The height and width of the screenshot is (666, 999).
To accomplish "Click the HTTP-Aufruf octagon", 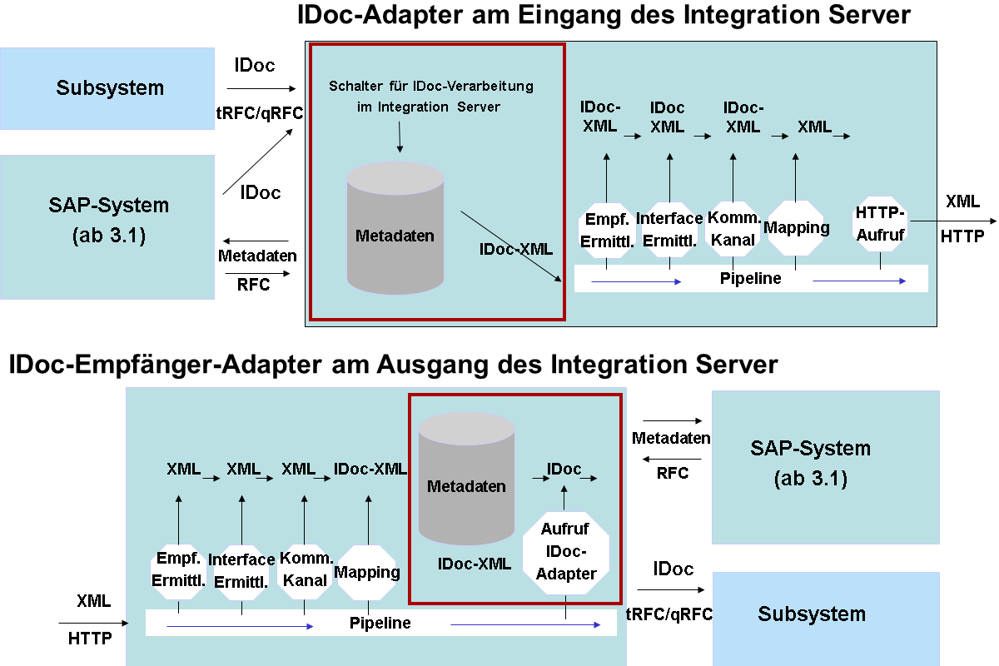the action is [880, 224].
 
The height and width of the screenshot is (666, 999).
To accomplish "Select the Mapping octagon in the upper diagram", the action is [796, 228].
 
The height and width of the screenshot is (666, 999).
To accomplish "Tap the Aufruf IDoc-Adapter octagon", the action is [566, 552].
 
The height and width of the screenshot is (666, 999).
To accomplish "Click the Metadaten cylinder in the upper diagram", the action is [395, 227].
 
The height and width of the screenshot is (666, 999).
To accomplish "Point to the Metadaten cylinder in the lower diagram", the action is [466, 478].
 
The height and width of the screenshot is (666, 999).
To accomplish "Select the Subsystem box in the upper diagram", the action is [107, 88].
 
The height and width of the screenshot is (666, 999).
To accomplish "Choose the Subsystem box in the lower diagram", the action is [826, 619].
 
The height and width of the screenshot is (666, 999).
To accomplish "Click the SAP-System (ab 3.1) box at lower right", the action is [826, 467].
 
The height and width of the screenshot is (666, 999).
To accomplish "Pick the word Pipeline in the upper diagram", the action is [751, 278].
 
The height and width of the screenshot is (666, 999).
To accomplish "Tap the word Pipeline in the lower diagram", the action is [380, 623].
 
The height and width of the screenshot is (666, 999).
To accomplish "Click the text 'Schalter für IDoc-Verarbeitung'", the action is [431, 86].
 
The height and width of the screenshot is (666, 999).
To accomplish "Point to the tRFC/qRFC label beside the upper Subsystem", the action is [260, 113].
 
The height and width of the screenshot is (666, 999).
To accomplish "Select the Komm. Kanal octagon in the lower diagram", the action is [305, 571].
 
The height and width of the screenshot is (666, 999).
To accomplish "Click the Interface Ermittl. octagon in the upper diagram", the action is [669, 229].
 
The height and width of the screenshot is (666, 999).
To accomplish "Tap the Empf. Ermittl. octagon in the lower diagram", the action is [178, 571].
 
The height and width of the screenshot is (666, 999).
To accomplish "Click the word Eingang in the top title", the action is [569, 15].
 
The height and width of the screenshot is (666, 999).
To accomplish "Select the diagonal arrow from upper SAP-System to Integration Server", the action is [258, 162].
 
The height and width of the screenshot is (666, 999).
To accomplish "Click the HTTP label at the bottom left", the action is [90, 639].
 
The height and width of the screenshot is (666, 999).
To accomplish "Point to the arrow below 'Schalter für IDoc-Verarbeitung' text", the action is [400, 137].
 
